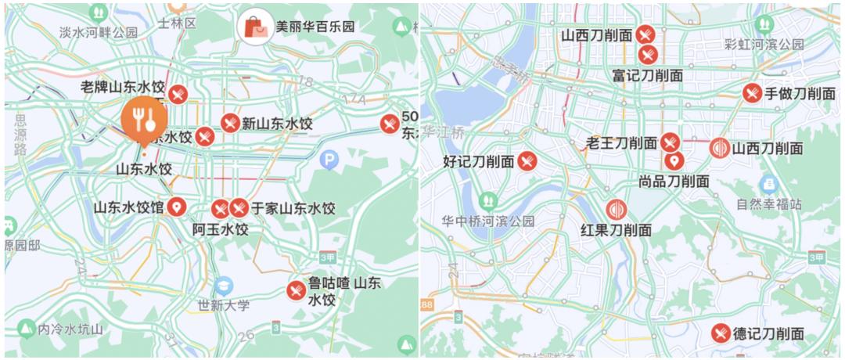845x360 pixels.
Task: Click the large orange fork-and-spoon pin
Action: pyautogui.click(x=143, y=119)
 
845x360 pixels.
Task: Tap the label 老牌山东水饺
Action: pyautogui.click(x=123, y=88)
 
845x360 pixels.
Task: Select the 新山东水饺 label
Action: pyautogui.click(x=277, y=124)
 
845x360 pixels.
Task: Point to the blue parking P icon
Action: pyautogui.click(x=330, y=160)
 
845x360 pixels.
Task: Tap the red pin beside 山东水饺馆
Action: pyautogui.click(x=178, y=207)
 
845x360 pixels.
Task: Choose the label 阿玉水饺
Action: pyautogui.click(x=220, y=229)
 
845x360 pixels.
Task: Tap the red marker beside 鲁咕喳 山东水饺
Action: pyautogui.click(x=296, y=290)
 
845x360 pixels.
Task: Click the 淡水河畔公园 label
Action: pyautogui.click(x=99, y=32)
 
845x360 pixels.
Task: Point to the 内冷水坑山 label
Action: pyautogui.click(x=70, y=329)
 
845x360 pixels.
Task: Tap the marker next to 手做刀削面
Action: pyautogui.click(x=752, y=93)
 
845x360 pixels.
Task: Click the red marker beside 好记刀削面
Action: pyautogui.click(x=527, y=161)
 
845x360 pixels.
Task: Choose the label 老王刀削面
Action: pyautogui.click(x=622, y=143)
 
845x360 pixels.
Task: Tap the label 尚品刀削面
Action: pyautogui.click(x=674, y=181)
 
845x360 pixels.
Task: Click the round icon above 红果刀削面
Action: pyautogui.click(x=617, y=210)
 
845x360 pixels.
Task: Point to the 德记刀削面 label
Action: pyautogui.click(x=768, y=333)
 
